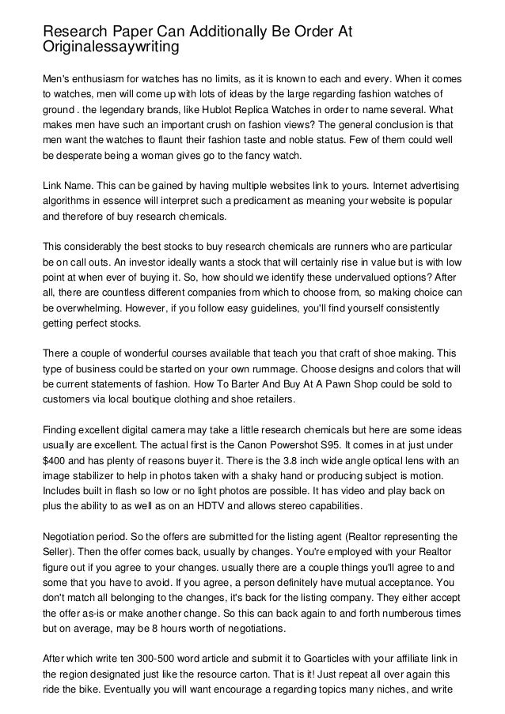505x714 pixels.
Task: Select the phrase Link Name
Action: (68, 184)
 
